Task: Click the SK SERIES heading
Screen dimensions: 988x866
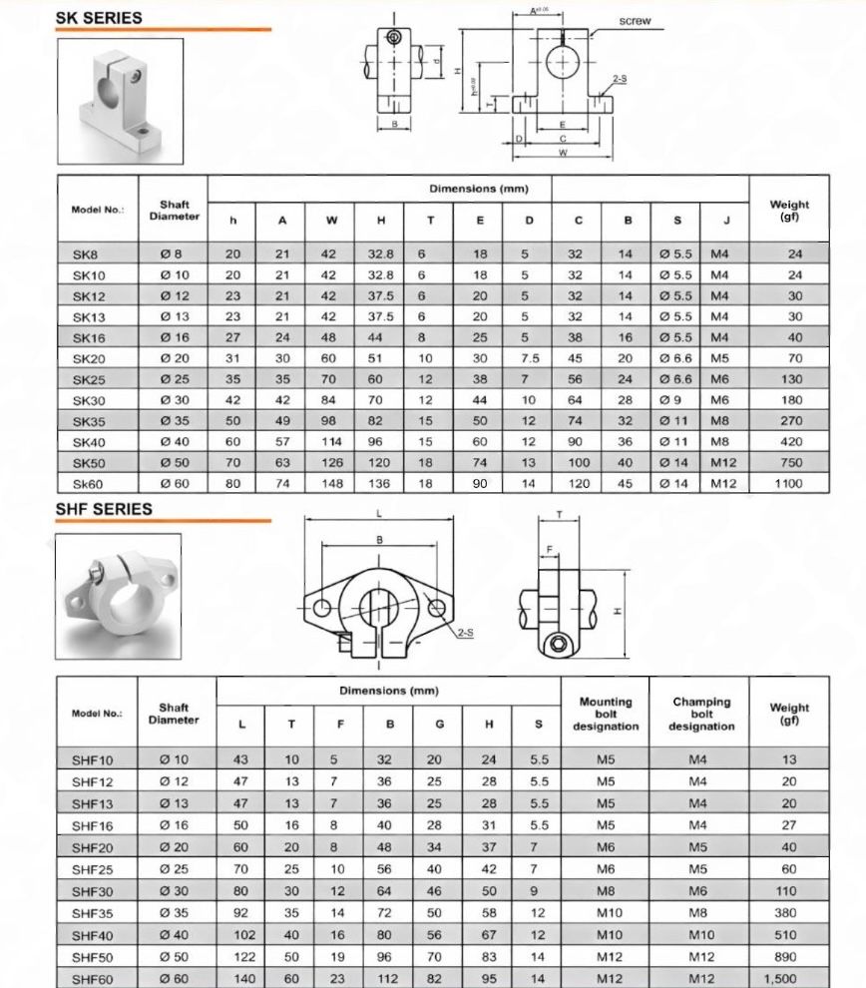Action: [x=98, y=17]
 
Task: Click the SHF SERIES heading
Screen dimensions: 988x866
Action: [x=104, y=508]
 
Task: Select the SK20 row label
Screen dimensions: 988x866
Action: [x=89, y=358]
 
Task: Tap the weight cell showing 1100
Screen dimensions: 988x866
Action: [x=788, y=484]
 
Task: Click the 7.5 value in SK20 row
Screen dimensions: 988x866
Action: [x=530, y=358]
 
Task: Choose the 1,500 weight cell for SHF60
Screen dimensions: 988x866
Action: [x=789, y=979]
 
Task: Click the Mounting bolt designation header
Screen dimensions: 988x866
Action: [x=606, y=714]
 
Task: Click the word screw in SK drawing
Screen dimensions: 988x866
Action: [x=635, y=21]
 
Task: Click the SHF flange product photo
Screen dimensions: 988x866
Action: [x=119, y=595]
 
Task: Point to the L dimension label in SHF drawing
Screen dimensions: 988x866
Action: [x=380, y=514]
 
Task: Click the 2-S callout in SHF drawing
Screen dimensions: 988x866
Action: [x=465, y=633]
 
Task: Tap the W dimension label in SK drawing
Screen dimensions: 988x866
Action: [x=563, y=154]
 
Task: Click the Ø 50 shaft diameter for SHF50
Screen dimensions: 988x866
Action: [x=174, y=957]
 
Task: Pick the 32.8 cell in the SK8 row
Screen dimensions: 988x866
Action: [x=380, y=254]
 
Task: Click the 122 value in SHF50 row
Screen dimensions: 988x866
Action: [x=242, y=957]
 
